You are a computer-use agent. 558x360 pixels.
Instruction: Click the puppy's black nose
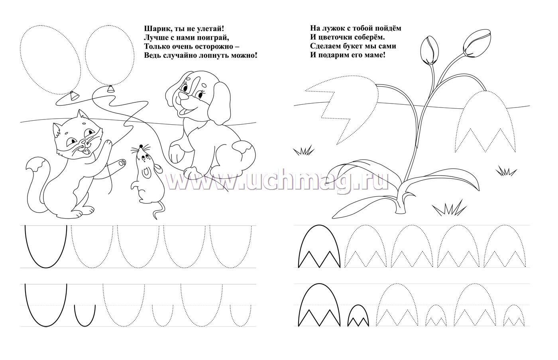(x=182, y=96)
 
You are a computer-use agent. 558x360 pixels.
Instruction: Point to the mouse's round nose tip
(x=141, y=146)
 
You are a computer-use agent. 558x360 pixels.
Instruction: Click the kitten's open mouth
(x=86, y=152)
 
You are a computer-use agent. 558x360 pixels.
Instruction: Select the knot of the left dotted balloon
(x=73, y=96)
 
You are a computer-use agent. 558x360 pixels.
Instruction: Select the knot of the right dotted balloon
(x=111, y=89)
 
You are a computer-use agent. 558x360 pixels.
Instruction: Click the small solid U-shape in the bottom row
(x=85, y=315)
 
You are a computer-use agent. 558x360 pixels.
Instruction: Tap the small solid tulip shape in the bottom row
(x=358, y=316)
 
